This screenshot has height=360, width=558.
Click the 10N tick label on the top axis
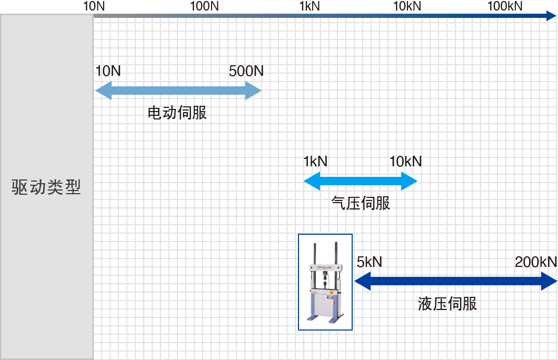point(95,6)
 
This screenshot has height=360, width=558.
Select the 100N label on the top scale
point(204,6)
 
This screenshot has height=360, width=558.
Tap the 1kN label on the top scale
point(310,6)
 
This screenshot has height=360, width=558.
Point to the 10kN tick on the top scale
point(407,6)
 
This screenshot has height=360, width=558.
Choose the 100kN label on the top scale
point(505,6)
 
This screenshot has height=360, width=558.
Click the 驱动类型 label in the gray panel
point(46,188)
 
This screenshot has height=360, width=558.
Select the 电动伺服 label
point(177,113)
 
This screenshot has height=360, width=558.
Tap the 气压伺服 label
point(361,203)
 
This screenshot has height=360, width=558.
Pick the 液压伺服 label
point(447,304)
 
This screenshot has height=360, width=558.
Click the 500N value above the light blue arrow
point(246,71)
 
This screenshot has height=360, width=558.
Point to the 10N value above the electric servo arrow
point(108,71)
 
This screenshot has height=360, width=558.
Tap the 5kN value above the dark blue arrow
point(370,262)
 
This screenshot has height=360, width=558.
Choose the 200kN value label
point(535,262)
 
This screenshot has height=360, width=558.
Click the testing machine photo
point(325,282)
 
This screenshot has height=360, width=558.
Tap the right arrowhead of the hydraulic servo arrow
point(550,282)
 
